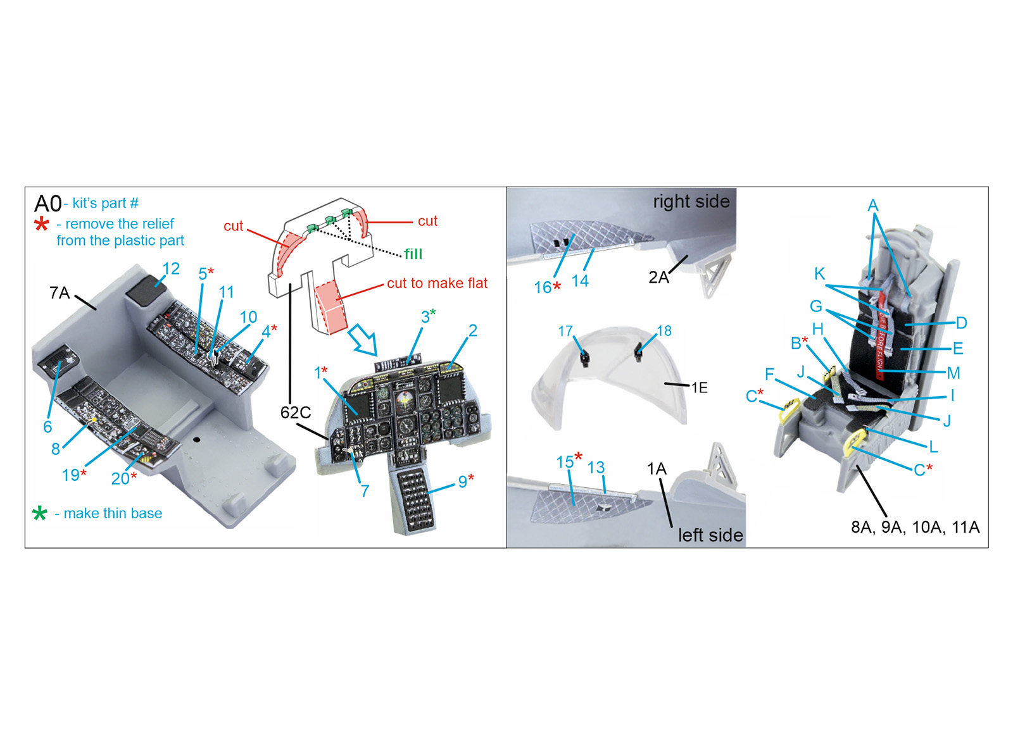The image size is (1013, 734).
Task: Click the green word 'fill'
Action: (x=413, y=254)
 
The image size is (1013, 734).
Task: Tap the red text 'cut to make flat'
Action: (x=437, y=283)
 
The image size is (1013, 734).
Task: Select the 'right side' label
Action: (x=691, y=202)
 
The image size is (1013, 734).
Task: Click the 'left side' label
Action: (x=710, y=535)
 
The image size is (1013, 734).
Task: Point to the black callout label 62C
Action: (x=296, y=412)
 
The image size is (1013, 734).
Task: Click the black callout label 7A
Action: (x=60, y=293)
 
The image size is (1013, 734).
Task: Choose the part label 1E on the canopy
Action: (x=699, y=387)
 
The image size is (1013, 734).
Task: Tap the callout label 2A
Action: (x=659, y=277)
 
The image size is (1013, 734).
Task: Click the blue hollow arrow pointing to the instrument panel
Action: (x=364, y=339)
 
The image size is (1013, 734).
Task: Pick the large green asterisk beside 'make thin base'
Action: (x=40, y=513)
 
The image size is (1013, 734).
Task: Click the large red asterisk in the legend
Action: (x=42, y=224)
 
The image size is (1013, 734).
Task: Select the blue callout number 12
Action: (x=171, y=269)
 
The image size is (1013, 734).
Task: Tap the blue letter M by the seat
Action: (x=953, y=373)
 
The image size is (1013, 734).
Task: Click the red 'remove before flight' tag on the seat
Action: (x=881, y=335)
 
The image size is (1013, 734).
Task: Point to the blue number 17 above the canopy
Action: (x=565, y=332)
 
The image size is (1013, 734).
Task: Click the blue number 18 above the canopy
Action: (x=664, y=331)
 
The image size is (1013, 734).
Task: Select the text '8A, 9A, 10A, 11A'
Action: (x=915, y=527)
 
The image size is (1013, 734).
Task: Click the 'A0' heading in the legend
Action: (x=47, y=203)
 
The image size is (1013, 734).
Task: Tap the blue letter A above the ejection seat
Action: (x=873, y=206)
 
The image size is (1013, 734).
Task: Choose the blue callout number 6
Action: (x=47, y=426)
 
